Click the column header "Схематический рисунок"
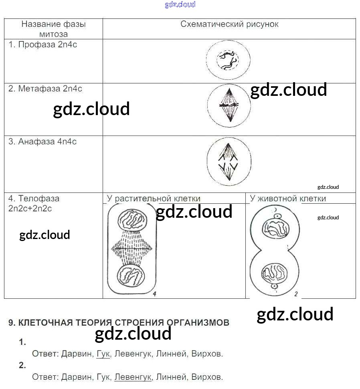pyautogui.click(x=229, y=24)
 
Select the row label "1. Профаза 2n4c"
pyautogui.click(x=43, y=45)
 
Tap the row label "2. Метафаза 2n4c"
pyautogui.click(x=45, y=89)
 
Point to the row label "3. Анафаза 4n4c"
pyautogui.click(x=42, y=142)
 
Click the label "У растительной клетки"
pyautogui.click(x=154, y=199)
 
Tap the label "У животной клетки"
pyautogui.click(x=288, y=199)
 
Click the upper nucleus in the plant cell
pyautogui.click(x=132, y=223)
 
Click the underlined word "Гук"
pyautogui.click(x=103, y=354)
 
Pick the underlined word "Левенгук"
pyautogui.click(x=133, y=377)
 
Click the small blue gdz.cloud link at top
pyautogui.click(x=180, y=5)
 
